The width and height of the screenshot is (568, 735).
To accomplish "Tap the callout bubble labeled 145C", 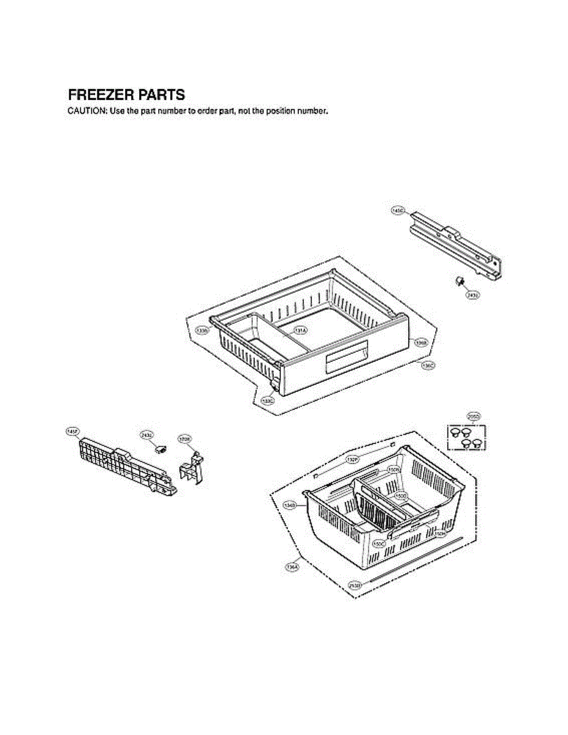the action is click(x=397, y=210).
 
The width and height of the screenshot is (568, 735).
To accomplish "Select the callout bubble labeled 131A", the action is click(x=300, y=330).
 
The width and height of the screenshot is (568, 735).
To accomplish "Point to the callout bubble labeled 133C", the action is click(x=268, y=401).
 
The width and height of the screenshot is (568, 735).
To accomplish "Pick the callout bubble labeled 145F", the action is click(x=72, y=432).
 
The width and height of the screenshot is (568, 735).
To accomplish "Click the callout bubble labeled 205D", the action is click(x=473, y=416).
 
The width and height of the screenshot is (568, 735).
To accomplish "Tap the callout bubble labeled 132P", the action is click(x=352, y=459).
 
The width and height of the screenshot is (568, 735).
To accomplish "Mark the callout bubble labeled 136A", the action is click(x=292, y=568).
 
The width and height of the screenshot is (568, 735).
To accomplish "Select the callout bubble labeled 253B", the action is click(x=354, y=586).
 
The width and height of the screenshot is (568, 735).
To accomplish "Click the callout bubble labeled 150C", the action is click(x=379, y=543).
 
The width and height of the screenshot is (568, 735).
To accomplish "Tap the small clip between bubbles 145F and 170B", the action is click(x=161, y=450).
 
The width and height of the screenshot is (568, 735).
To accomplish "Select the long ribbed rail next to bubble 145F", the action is click(x=126, y=466).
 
